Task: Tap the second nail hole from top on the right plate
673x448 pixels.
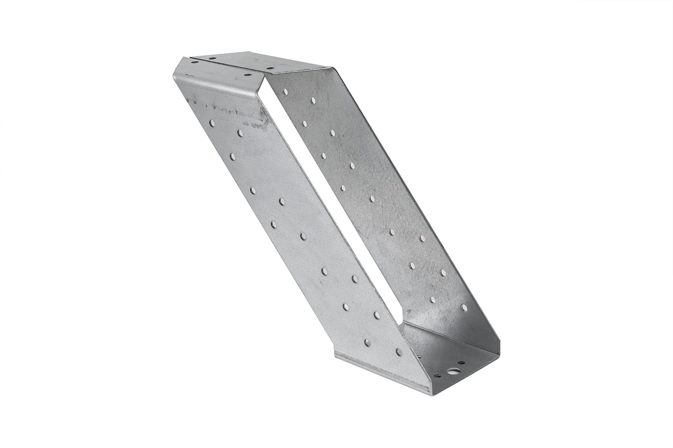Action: coord(312,100)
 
